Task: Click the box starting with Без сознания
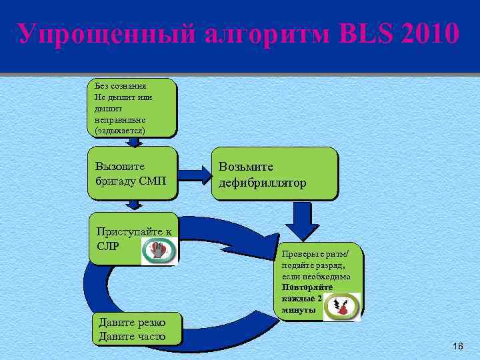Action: click(131, 108)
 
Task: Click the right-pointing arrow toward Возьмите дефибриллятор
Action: click(195, 175)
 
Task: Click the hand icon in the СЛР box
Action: click(158, 251)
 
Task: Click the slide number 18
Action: click(457, 346)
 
